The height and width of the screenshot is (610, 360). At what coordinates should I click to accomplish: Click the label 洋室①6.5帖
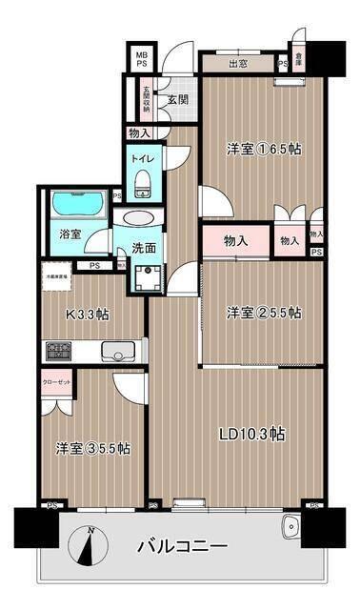(x=263, y=150)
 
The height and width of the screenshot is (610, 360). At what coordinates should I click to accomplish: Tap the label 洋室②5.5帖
(x=264, y=313)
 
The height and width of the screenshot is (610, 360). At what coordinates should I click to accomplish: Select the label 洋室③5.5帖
(x=92, y=448)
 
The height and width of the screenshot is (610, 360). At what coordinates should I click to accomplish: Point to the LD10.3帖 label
(x=251, y=434)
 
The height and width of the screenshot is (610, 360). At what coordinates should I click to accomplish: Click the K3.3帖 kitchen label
(x=88, y=312)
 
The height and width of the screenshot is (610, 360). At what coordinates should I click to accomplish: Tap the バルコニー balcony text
(x=182, y=547)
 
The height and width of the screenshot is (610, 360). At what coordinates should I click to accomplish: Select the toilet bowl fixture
(x=142, y=182)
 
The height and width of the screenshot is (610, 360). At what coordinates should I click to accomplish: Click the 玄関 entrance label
(x=178, y=99)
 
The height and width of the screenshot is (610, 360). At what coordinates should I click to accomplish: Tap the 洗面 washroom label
(x=144, y=247)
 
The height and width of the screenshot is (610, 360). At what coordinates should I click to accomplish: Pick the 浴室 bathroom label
(x=70, y=234)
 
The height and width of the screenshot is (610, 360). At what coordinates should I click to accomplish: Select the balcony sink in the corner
(x=290, y=525)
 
